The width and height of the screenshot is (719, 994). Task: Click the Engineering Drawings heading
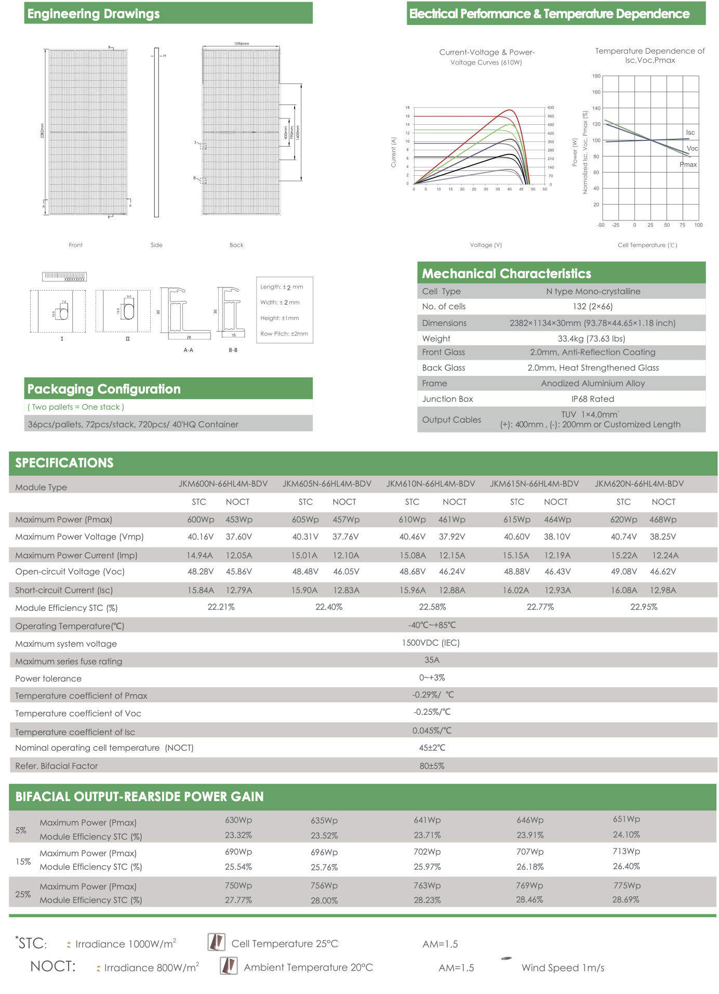pos(94,14)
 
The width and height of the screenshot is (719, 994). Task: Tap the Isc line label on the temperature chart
pos(690,133)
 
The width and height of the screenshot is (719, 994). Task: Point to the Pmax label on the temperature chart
pos(688,165)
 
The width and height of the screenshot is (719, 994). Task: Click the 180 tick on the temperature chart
pos(596,76)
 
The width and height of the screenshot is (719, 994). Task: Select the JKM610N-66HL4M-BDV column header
pos(430,483)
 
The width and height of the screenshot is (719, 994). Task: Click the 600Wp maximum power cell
pos(201,519)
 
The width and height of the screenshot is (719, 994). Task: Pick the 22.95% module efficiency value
pos(644,607)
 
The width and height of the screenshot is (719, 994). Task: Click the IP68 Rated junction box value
pos(592,399)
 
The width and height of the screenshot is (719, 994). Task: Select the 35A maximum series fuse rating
pos(432,660)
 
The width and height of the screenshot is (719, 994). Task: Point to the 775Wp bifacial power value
pos(627,885)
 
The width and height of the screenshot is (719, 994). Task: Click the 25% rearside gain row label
pos(23,894)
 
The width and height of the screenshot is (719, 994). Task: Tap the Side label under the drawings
pos(156,245)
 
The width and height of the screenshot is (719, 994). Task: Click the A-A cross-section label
pos(188,350)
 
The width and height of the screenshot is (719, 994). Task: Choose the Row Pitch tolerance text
pos(284,334)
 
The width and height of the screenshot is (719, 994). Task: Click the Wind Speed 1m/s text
pos(563,967)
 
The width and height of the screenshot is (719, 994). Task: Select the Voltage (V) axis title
pos(486,245)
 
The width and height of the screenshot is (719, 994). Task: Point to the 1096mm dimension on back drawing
pos(242,44)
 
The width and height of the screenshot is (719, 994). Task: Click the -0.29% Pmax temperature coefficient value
pos(433,695)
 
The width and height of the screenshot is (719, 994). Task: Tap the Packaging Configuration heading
pos(104,389)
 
